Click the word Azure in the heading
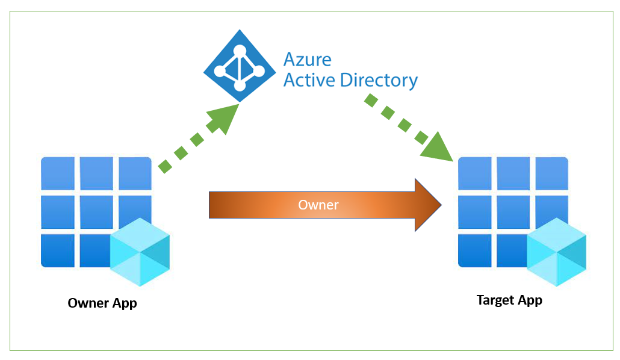coord(308,59)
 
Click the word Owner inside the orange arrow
coord(318,205)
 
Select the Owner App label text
coord(102,303)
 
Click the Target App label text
coord(509,300)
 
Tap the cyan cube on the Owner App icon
coord(140,252)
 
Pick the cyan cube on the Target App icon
coord(557,252)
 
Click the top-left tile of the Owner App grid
coord(58,173)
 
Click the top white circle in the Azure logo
coord(240,50)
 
